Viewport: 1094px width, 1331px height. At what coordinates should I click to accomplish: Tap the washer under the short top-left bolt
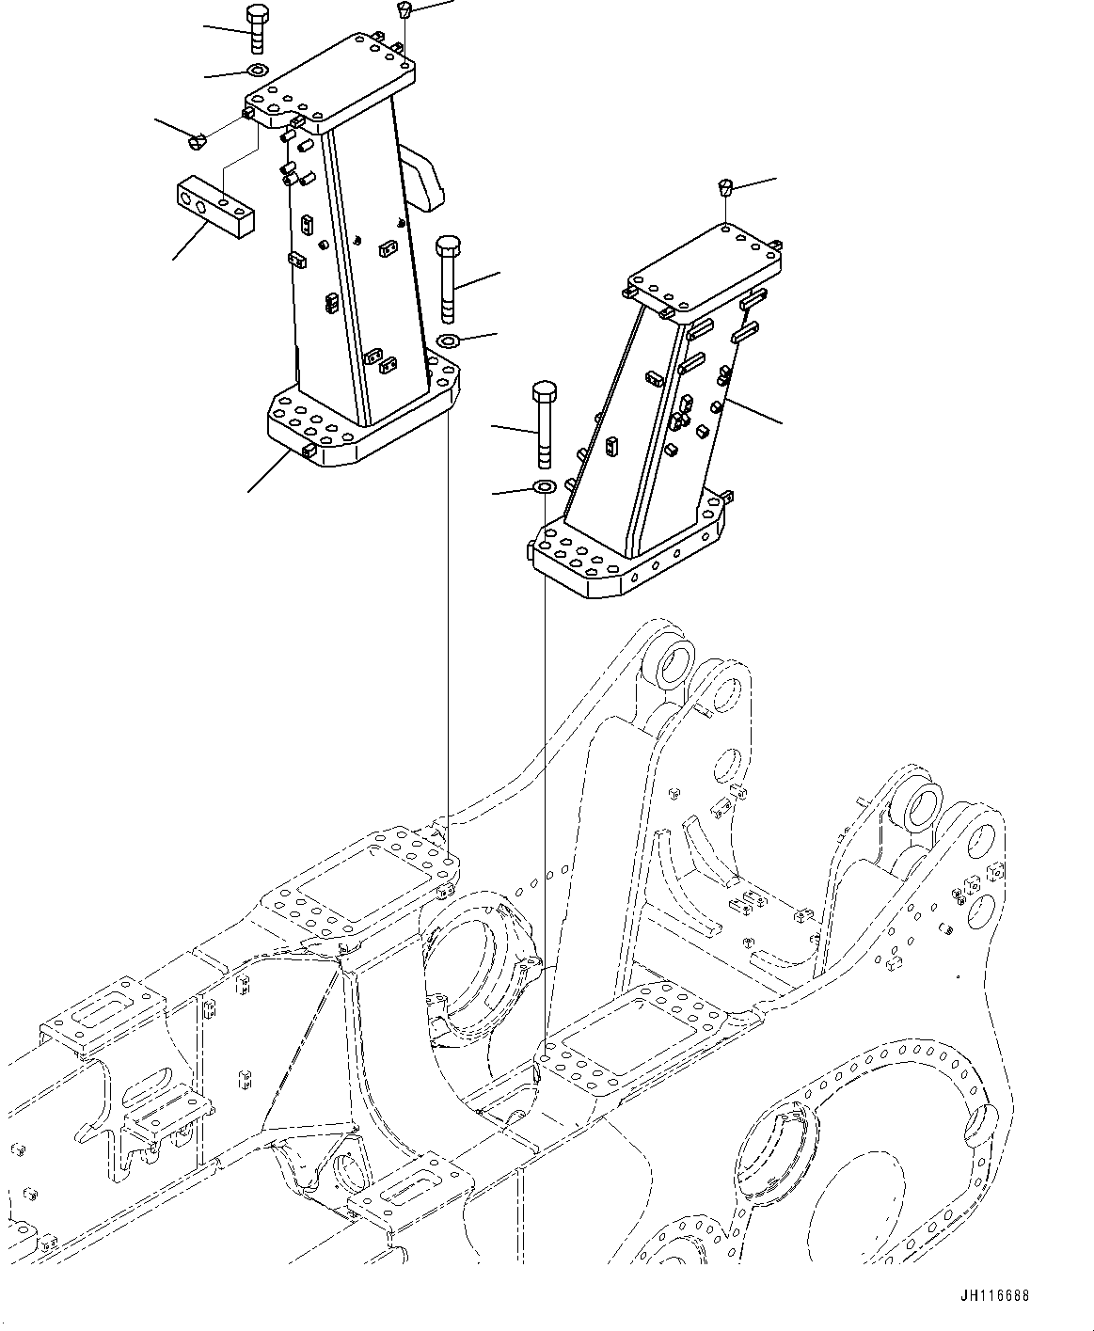(256, 70)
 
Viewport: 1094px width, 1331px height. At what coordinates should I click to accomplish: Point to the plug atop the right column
(726, 185)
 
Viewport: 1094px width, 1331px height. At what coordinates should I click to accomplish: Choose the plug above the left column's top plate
(404, 10)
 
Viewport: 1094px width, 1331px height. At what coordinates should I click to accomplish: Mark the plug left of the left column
(196, 142)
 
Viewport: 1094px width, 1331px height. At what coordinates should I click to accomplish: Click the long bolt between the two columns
(448, 277)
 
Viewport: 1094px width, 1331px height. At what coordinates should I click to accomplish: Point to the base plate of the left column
(362, 419)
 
